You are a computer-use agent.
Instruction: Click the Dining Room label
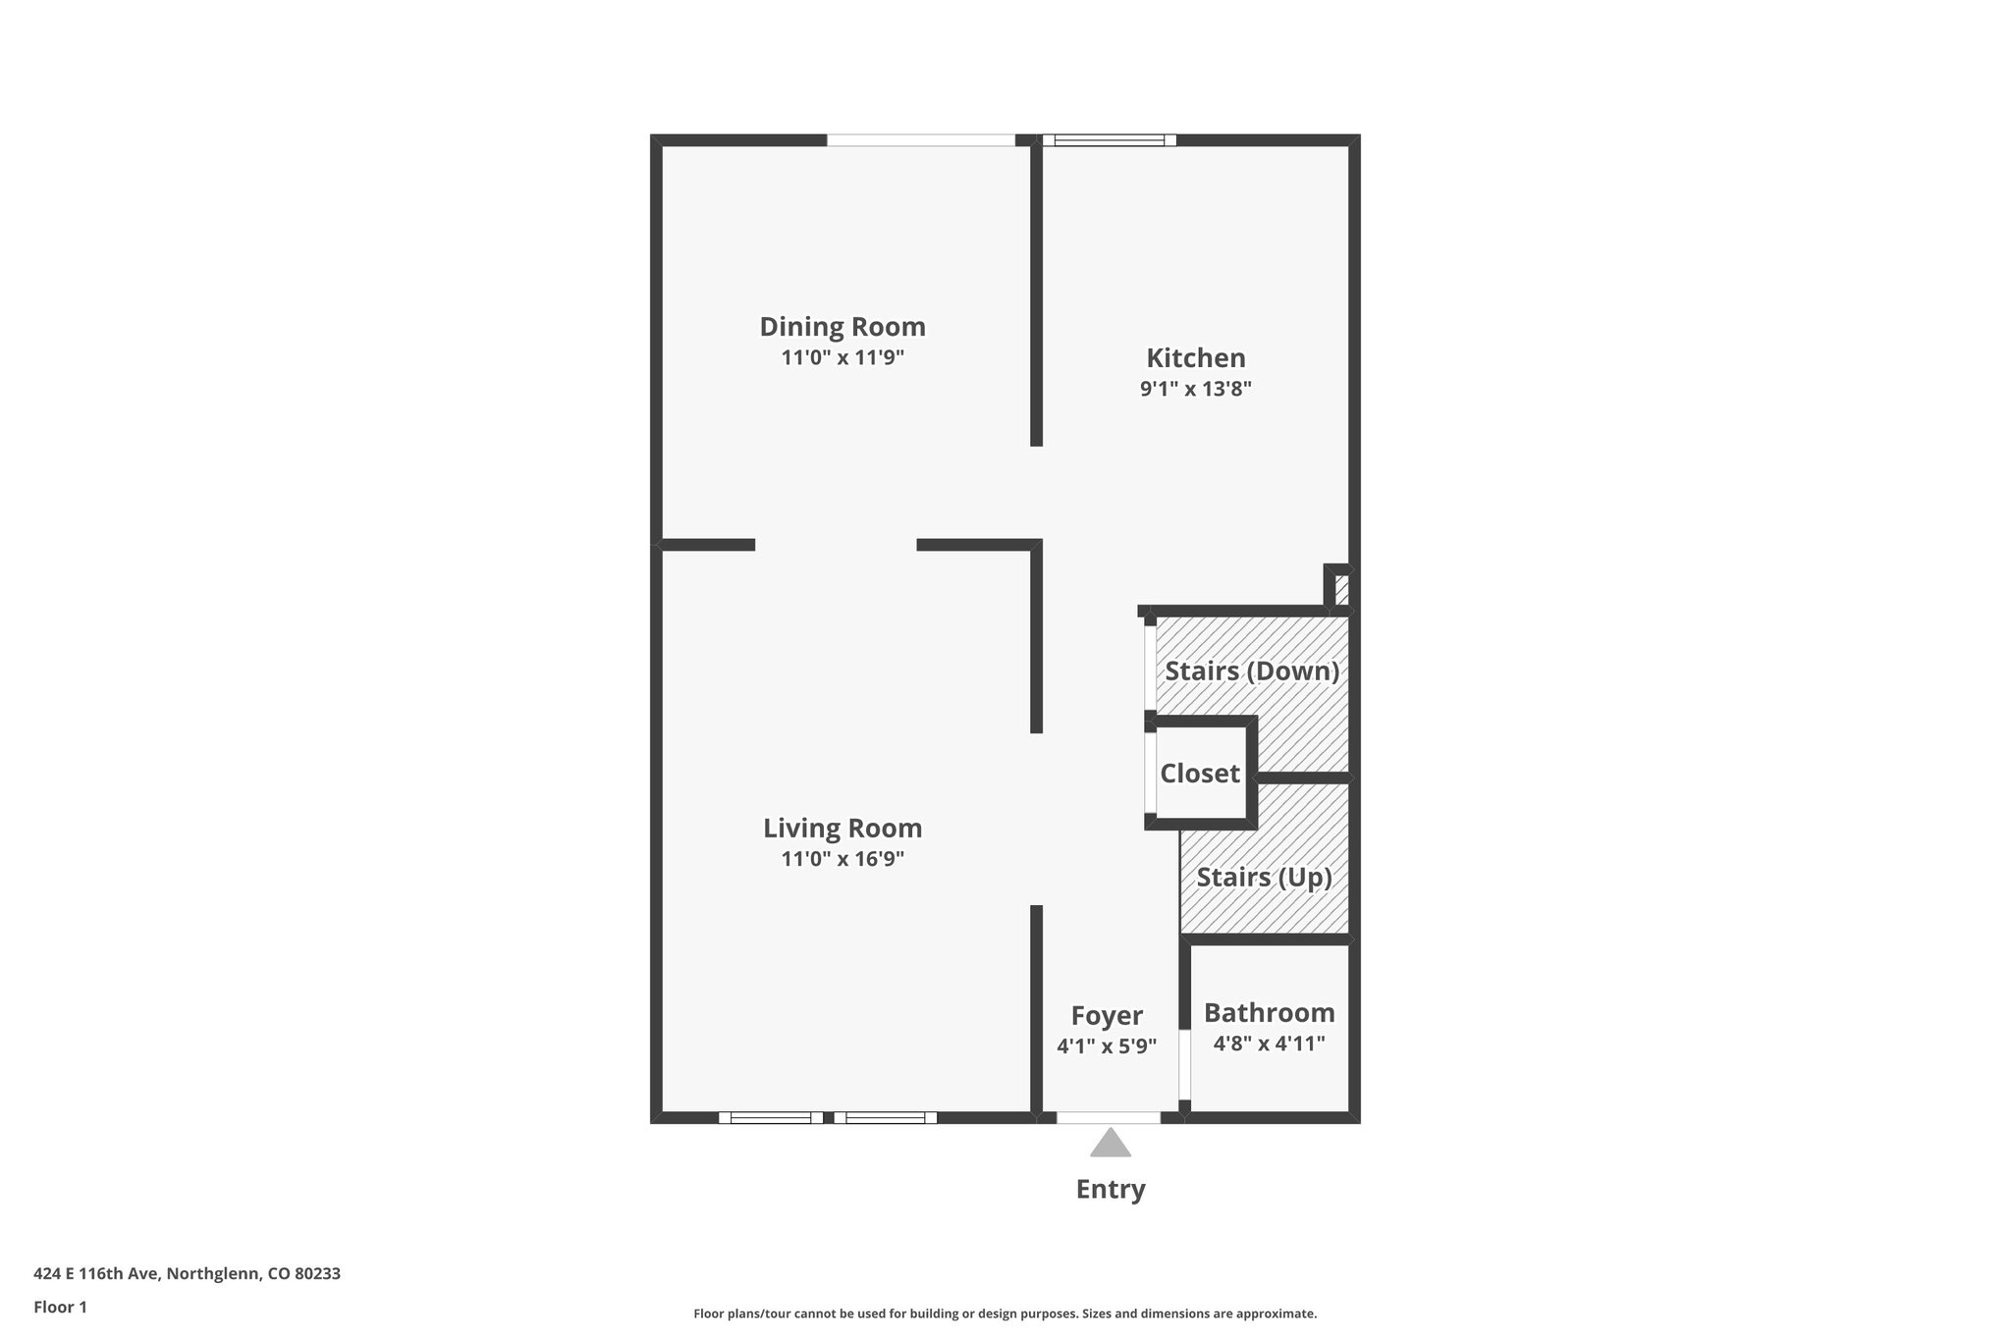pyautogui.click(x=842, y=327)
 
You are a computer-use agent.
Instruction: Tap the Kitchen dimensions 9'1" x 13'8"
pyautogui.click(x=1195, y=389)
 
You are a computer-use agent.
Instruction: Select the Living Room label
pyautogui.click(x=842, y=829)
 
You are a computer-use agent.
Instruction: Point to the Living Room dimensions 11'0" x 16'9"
pyautogui.click(x=842, y=859)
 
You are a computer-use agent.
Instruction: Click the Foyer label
pyautogui.click(x=1107, y=1016)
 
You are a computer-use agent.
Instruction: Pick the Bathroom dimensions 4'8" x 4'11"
pyautogui.click(x=1269, y=1044)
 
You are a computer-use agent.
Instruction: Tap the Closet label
pyautogui.click(x=1200, y=774)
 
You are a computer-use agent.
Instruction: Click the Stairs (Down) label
pyautogui.click(x=1252, y=671)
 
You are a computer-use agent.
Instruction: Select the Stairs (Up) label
pyautogui.click(x=1264, y=877)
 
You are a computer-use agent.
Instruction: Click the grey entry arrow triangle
pyautogui.click(x=1111, y=1144)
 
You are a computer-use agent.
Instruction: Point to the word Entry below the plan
pyautogui.click(x=1111, y=1190)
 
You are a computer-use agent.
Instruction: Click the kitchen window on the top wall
pyautogui.click(x=1109, y=140)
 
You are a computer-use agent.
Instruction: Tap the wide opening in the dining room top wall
pyautogui.click(x=920, y=140)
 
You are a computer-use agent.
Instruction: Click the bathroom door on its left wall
pyautogui.click(x=1184, y=1065)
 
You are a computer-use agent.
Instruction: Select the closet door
pyautogui.click(x=1150, y=774)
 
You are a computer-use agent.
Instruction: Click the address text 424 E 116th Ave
pyautogui.click(x=187, y=1274)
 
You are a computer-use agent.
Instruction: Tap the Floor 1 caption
pyautogui.click(x=60, y=1307)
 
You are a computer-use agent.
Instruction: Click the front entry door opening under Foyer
pyautogui.click(x=1109, y=1117)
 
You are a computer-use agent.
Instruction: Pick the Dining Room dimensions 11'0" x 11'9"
pyautogui.click(x=842, y=357)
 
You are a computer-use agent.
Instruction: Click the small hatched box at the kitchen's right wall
pyautogui.click(x=1341, y=590)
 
